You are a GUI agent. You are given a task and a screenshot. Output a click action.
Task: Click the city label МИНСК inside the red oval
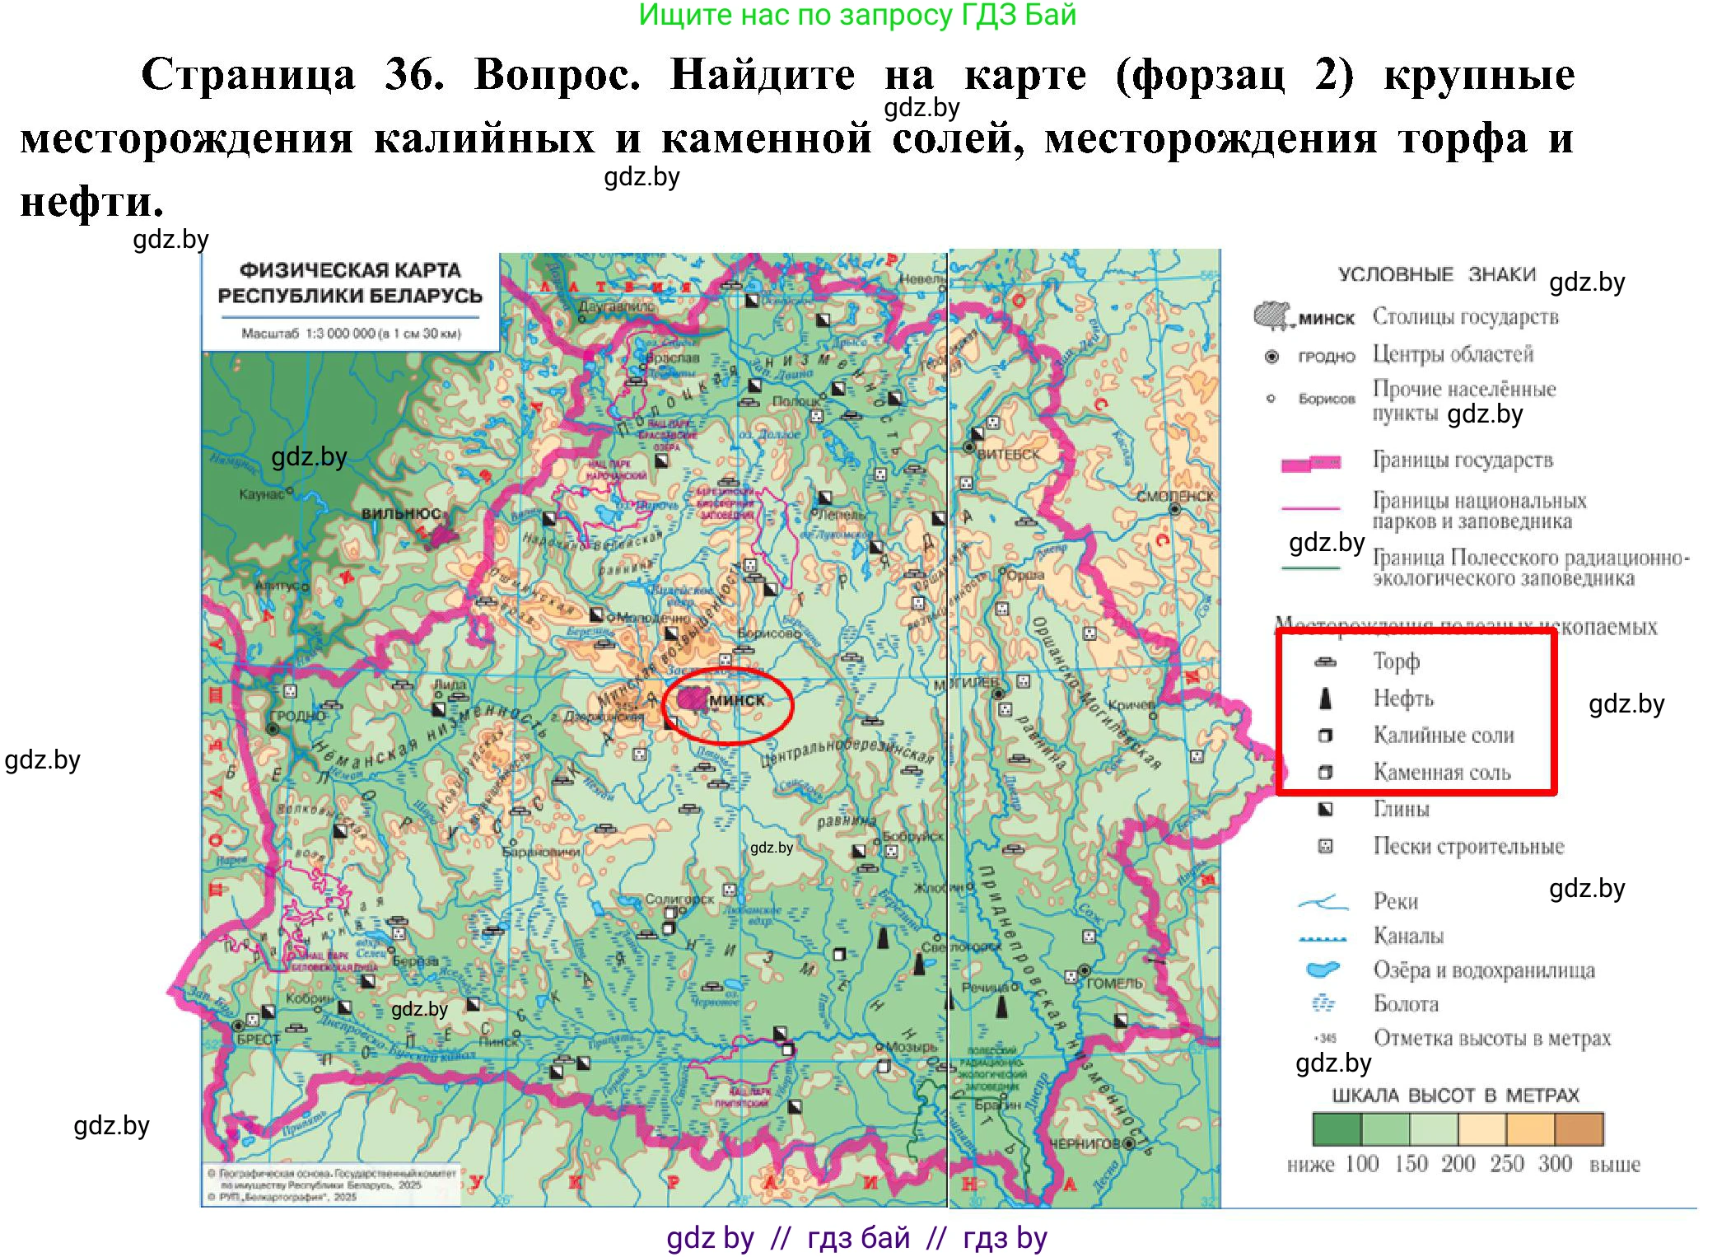pyautogui.click(x=736, y=700)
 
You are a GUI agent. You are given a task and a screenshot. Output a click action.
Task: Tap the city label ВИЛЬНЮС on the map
pyautogui.click(x=401, y=513)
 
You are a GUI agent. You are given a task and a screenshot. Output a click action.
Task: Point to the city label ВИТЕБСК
pyautogui.click(x=1008, y=454)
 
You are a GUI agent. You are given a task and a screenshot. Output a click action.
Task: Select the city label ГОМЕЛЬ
pyautogui.click(x=1114, y=984)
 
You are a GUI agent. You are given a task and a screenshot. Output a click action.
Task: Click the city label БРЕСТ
pyautogui.click(x=259, y=1039)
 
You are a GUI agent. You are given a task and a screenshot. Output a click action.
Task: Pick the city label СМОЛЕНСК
pyautogui.click(x=1175, y=496)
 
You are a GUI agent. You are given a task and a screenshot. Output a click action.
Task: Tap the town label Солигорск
pyautogui.click(x=679, y=900)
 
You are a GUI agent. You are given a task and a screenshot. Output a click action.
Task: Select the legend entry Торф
pyautogui.click(x=1396, y=661)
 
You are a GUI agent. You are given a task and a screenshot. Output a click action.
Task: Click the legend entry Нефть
pyautogui.click(x=1402, y=699)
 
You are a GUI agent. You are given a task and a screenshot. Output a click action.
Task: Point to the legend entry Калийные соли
pyautogui.click(x=1443, y=735)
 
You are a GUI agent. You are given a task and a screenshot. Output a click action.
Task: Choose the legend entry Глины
pyautogui.click(x=1400, y=809)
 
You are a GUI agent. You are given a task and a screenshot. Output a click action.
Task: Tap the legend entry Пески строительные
pyautogui.click(x=1467, y=846)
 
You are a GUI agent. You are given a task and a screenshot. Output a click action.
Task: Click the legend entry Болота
pyautogui.click(x=1405, y=1004)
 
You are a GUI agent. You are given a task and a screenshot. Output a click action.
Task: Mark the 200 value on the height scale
pyautogui.click(x=1458, y=1164)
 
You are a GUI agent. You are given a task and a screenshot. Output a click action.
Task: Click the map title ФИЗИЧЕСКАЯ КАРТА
pyautogui.click(x=350, y=270)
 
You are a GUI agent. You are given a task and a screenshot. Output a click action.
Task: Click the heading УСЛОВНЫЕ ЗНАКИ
pyautogui.click(x=1436, y=274)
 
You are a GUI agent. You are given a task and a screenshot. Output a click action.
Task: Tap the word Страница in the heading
pyautogui.click(x=248, y=75)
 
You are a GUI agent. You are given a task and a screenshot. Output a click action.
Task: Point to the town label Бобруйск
pyautogui.click(x=912, y=836)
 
